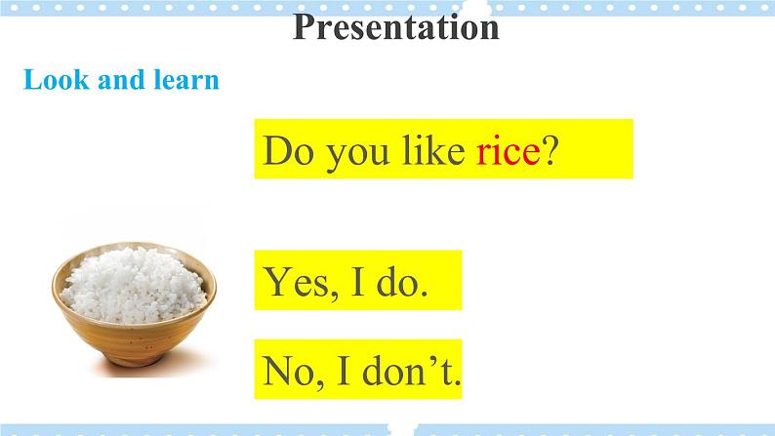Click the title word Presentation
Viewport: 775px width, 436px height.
(396, 27)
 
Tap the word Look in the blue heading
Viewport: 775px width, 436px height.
(57, 80)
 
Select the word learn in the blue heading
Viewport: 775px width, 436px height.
(186, 80)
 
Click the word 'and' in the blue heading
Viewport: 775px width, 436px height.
(122, 80)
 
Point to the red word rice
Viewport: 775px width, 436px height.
(509, 150)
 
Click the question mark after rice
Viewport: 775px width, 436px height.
(551, 150)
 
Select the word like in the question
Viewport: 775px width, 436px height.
(433, 149)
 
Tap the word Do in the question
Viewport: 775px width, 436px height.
(288, 150)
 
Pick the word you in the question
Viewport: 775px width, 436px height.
(357, 155)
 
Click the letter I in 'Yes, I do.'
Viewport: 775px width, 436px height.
(358, 281)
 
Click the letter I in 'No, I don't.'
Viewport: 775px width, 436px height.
(344, 371)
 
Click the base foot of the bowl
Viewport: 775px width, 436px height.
(135, 359)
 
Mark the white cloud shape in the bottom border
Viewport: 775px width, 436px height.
(401, 428)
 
